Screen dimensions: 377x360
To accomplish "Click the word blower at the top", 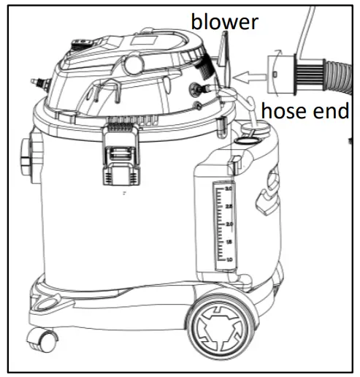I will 225,21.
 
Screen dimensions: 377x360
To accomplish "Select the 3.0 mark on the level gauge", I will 229,189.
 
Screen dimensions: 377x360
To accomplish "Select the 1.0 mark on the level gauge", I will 229,259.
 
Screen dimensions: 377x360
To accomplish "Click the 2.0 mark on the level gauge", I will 229,224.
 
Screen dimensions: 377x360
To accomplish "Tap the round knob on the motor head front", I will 134,64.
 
